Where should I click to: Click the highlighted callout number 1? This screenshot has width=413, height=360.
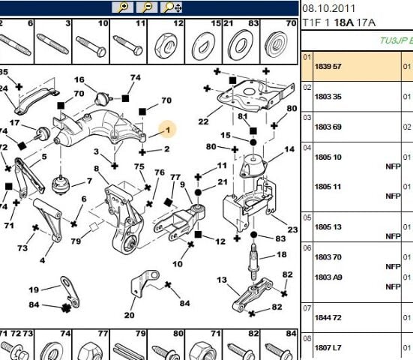pos(169,130)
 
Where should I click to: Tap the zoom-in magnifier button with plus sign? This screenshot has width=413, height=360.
pos(122,7)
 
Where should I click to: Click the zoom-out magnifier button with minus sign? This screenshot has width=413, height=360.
pos(146,7)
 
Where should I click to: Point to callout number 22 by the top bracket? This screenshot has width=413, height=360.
pos(203,121)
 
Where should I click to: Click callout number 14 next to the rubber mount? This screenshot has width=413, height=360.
pos(289,150)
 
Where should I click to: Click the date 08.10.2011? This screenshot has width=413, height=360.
pos(328,7)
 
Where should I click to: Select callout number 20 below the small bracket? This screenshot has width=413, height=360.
pos(130,315)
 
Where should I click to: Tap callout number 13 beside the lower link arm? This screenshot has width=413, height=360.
pos(222,280)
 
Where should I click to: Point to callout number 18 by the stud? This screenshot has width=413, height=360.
pos(282,255)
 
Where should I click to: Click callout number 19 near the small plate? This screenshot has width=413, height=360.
pos(34,289)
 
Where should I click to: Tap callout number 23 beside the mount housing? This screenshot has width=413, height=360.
pos(292,229)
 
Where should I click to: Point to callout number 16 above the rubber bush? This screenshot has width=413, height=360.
pos(79,79)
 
